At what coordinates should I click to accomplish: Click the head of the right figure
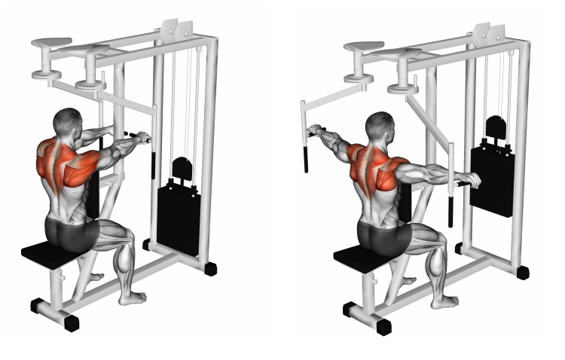(379, 126)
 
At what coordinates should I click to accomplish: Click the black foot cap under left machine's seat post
(71, 323)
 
